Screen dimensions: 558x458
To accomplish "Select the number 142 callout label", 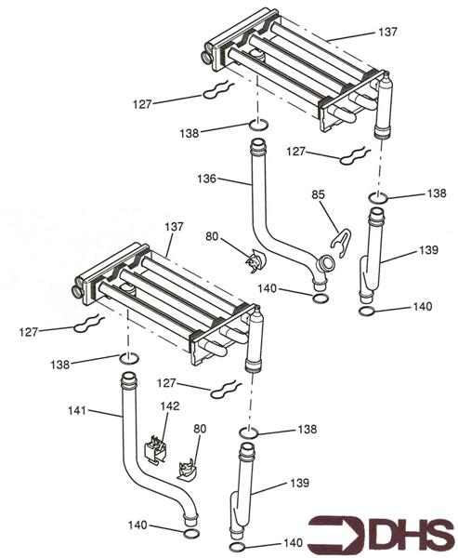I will pyautogui.click(x=169, y=406).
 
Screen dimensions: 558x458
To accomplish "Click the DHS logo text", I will pyautogui.click(x=412, y=536).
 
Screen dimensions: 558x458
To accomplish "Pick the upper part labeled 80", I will pyautogui.click(x=252, y=261).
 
